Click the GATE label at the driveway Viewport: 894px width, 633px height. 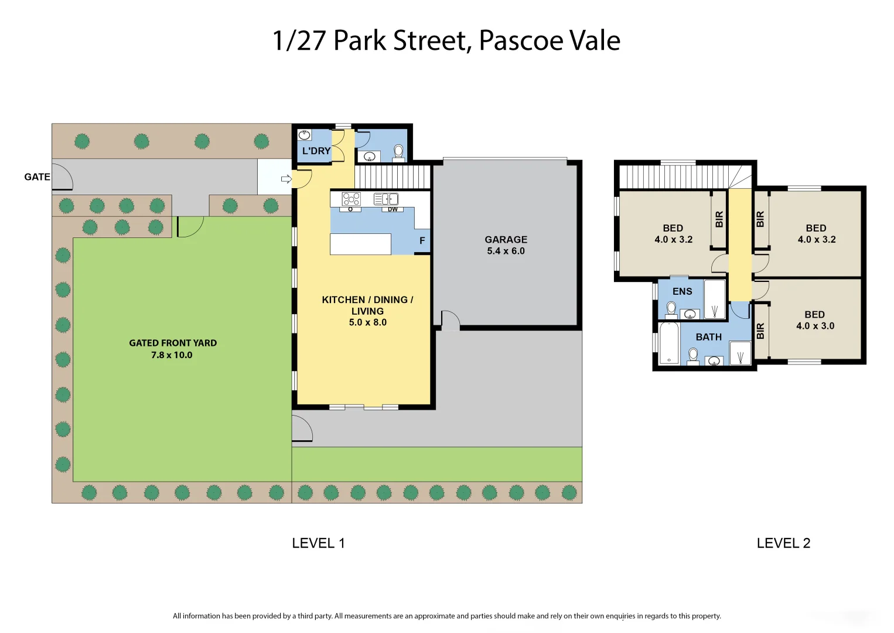click(37, 177)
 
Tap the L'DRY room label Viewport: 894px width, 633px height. click(316, 151)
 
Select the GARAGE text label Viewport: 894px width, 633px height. click(506, 240)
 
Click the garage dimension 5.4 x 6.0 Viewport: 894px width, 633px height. click(506, 251)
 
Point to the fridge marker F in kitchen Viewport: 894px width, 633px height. click(422, 241)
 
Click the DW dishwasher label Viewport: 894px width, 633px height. click(393, 209)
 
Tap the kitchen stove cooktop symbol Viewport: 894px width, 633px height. click(352, 199)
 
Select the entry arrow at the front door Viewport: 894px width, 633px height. click(286, 179)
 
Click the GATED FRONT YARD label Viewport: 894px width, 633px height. click(173, 343)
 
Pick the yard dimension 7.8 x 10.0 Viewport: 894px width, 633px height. click(172, 355)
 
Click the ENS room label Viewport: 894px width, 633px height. click(682, 291)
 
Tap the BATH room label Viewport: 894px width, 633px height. click(708, 337)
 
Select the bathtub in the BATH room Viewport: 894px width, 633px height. click(668, 343)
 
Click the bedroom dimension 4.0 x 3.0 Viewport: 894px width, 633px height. click(815, 326)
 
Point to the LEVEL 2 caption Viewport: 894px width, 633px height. click(783, 543)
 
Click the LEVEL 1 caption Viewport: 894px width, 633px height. click(318, 543)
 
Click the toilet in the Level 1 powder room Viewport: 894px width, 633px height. click(398, 152)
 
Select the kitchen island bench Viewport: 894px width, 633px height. click(360, 244)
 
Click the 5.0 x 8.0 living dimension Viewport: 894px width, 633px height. click(367, 322)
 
